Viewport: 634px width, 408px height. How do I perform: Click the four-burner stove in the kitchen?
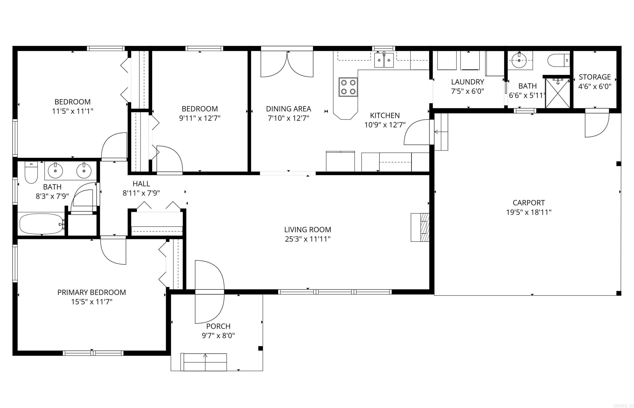(x=348, y=87)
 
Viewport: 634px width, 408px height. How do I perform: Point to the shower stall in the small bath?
(x=557, y=93)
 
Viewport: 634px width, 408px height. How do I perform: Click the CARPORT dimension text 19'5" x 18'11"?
(x=529, y=212)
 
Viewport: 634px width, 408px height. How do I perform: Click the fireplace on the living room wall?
(x=420, y=227)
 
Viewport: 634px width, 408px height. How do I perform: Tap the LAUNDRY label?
(x=467, y=82)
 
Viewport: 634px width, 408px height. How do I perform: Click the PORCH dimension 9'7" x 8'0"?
(x=218, y=336)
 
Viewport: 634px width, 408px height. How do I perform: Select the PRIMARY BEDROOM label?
(x=91, y=292)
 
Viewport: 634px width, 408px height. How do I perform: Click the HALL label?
(x=141, y=184)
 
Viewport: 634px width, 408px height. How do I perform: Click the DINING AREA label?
(x=288, y=109)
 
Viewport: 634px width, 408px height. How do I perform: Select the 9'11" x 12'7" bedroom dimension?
(x=200, y=118)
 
